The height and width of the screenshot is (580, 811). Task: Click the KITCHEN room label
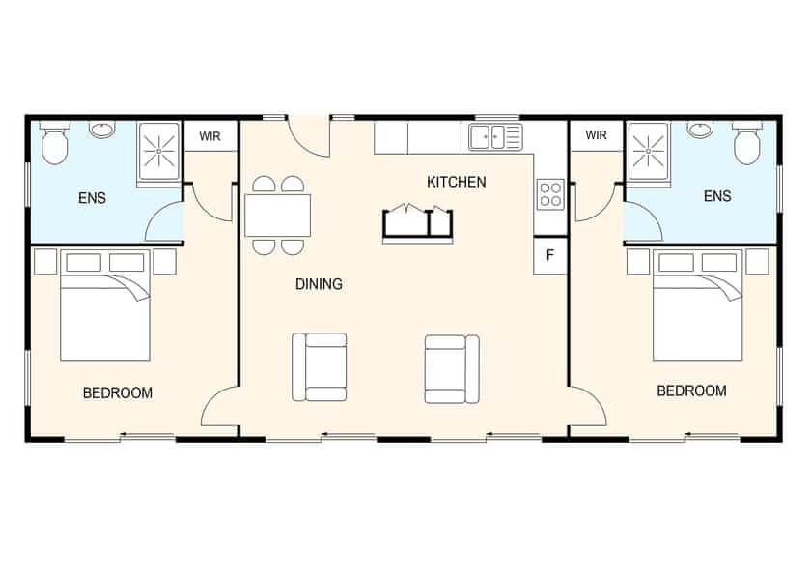click(456, 182)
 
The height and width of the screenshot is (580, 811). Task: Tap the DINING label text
click(319, 284)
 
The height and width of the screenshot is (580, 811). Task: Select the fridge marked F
click(550, 256)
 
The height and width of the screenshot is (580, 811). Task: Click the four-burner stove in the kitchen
click(550, 194)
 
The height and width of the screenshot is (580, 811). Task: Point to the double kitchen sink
click(495, 137)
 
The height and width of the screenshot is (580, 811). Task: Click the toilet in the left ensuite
click(54, 143)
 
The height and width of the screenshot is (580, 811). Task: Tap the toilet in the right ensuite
click(747, 143)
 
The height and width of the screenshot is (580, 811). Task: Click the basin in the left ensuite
click(101, 130)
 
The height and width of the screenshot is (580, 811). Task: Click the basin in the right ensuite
click(701, 130)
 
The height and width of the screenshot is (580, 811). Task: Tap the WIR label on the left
click(210, 136)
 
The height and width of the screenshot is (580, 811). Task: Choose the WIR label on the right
click(596, 136)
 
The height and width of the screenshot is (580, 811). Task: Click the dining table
click(278, 215)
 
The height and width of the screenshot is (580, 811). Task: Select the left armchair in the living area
click(320, 367)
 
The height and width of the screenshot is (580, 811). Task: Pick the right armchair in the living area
click(452, 368)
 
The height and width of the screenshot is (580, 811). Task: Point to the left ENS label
click(92, 199)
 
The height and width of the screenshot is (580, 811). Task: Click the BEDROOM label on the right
click(691, 391)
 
